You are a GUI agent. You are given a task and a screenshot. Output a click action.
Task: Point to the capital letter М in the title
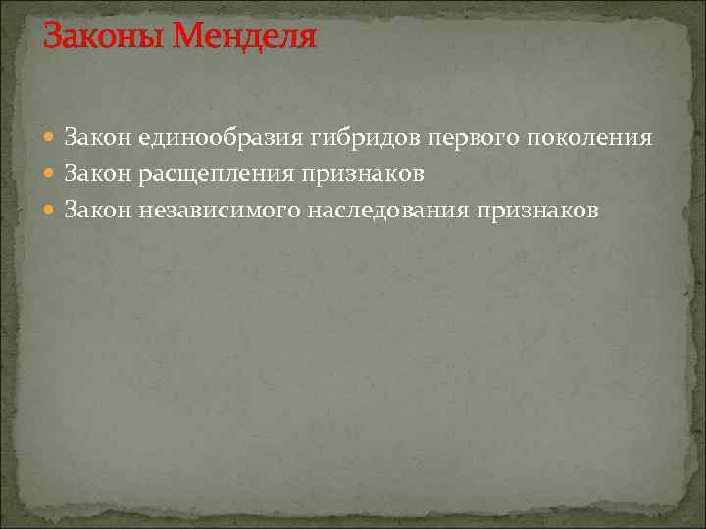[192, 38]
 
